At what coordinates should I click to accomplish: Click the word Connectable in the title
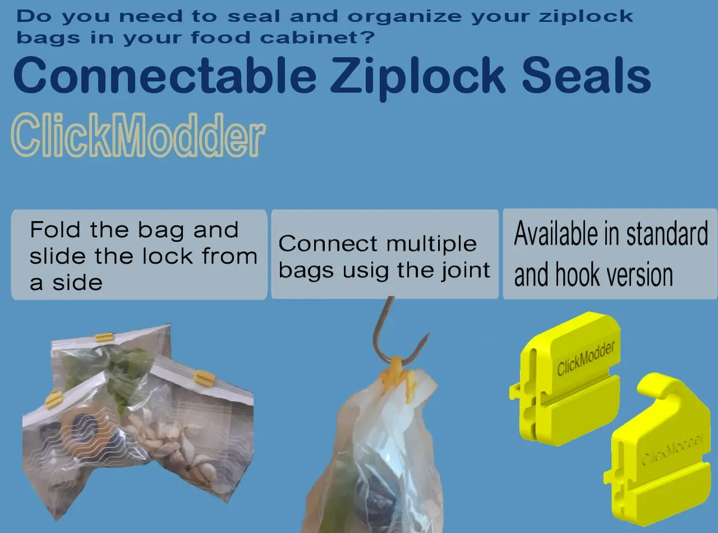(165, 75)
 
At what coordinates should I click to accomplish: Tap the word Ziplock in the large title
(417, 78)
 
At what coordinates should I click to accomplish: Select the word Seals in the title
(586, 75)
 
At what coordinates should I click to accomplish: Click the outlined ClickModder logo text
(138, 135)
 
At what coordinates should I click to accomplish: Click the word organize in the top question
(404, 17)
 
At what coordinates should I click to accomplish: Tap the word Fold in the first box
(55, 229)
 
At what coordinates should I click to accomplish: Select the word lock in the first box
(168, 256)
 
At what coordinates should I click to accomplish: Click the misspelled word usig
(366, 272)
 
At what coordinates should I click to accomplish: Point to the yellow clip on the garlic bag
(204, 376)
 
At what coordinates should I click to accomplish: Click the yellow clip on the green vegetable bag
(104, 337)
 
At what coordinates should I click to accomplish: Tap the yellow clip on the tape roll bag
(53, 399)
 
